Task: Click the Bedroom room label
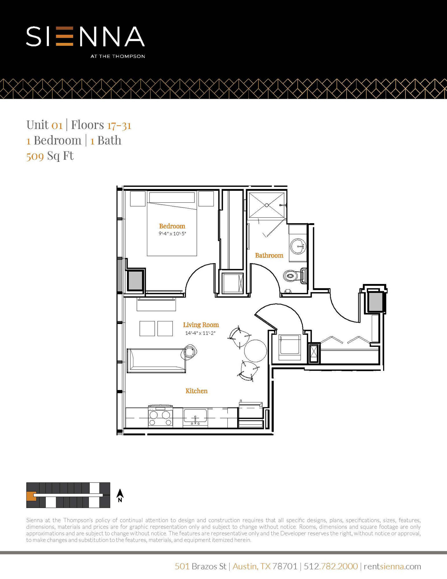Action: point(172,226)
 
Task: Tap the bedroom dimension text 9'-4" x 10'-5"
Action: point(172,234)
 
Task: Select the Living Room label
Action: point(201,325)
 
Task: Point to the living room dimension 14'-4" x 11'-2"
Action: point(200,333)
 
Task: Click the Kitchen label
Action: point(196,391)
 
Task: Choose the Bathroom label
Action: point(269,255)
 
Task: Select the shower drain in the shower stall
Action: point(267,205)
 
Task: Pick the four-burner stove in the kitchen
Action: point(160,417)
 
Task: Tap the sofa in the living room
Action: point(156,360)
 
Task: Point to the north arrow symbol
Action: point(120,495)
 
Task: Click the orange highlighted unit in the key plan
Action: point(30,496)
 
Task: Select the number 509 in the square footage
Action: point(35,156)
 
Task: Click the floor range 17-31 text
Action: point(119,125)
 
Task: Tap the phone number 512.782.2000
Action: point(331,566)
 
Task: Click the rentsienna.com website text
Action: point(392,566)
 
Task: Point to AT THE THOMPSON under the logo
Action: point(117,56)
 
